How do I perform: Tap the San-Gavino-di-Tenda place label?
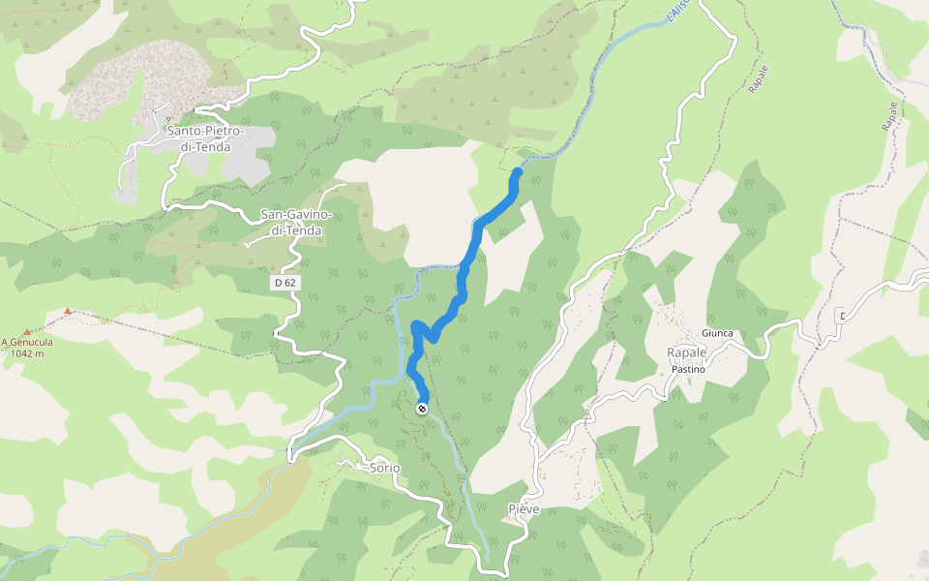point(297,223)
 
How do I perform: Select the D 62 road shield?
point(284,282)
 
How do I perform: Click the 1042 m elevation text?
point(28,353)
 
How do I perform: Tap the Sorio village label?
point(384,468)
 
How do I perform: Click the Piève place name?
point(524,508)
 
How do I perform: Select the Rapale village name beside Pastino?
point(686,352)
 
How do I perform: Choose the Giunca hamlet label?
point(718,334)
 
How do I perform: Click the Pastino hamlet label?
point(685,369)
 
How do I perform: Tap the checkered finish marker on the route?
point(423,409)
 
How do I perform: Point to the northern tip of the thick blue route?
point(518,172)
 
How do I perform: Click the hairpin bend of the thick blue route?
point(417,326)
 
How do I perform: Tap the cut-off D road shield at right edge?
point(841,316)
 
